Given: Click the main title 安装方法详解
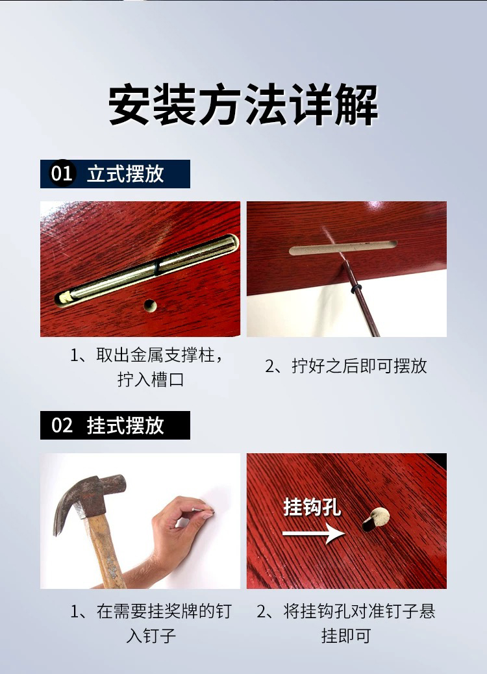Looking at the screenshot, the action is (243, 105).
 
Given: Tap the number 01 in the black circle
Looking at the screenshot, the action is (62, 173).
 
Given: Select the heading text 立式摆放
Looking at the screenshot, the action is (125, 173).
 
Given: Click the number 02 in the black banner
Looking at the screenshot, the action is (62, 425).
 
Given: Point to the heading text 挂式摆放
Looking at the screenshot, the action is (125, 425).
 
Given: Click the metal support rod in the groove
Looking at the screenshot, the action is (147, 271).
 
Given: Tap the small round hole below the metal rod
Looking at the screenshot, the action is (149, 305).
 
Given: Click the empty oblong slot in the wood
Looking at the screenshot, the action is (343, 247).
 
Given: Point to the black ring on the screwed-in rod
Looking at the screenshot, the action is (356, 288).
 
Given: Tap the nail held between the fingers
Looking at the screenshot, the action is (200, 510).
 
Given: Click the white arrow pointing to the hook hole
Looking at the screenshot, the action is (314, 534).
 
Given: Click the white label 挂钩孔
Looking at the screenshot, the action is (312, 507).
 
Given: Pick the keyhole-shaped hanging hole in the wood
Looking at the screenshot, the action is (375, 519).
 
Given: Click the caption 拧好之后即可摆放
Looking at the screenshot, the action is (346, 366).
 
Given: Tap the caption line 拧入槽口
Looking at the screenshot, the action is (151, 380).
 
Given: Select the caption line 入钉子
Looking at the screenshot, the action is (151, 635).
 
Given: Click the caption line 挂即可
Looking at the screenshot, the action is (346, 635).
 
